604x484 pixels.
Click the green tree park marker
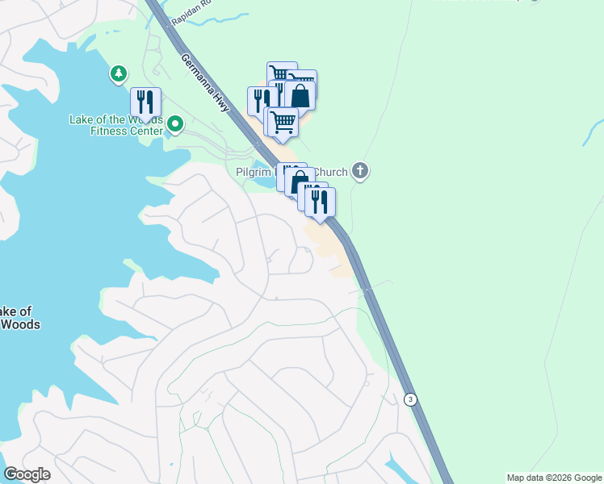pyautogui.click(x=119, y=75)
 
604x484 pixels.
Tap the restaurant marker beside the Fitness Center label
pyautogui.click(x=145, y=102)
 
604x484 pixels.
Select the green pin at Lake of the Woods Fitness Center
pyautogui.click(x=174, y=125)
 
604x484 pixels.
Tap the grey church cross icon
pyautogui.click(x=360, y=171)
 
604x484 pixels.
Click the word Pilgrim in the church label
pyautogui.click(x=255, y=172)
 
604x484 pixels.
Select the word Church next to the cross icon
pyautogui.click(x=330, y=172)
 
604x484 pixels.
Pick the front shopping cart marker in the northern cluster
pyautogui.click(x=283, y=123)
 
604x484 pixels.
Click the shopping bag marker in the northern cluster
pyautogui.click(x=300, y=95)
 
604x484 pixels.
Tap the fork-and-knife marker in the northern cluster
pyautogui.click(x=260, y=101)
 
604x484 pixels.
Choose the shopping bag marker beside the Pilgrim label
pyautogui.click(x=300, y=181)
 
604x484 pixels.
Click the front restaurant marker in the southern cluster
pyautogui.click(x=320, y=202)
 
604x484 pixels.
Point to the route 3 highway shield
pyautogui.click(x=411, y=399)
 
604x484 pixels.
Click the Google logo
pyautogui.click(x=27, y=474)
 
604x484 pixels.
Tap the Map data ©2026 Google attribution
pyautogui.click(x=554, y=478)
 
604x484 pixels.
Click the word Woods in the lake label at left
pyautogui.click(x=19, y=324)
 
